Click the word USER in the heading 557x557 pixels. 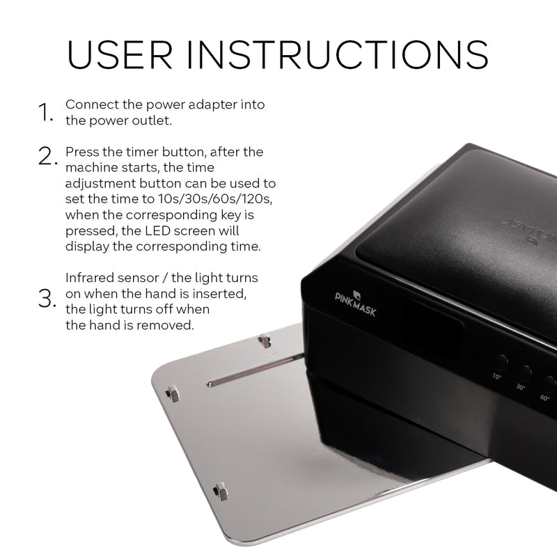pos(120,54)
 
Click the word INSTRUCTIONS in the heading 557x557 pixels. pos(338,54)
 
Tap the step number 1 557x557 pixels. pos(45,112)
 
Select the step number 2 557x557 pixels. pos(47,156)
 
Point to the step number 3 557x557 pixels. pos(47,299)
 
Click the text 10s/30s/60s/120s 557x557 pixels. pos(215,198)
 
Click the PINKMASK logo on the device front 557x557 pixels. pos(355,304)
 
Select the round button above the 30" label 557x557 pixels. pos(524,373)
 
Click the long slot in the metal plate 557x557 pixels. pos(255,370)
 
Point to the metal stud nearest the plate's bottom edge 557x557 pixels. pos(221,492)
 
